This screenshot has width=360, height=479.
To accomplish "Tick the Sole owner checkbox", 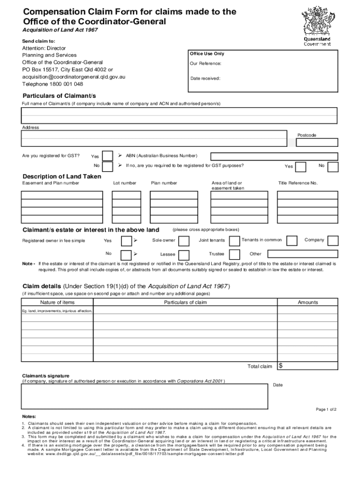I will (x=184, y=241).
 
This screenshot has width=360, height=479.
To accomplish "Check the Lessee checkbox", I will (x=184, y=255).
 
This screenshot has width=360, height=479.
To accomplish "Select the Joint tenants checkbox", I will (x=233, y=241).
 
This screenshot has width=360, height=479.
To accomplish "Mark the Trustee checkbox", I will (x=233, y=255).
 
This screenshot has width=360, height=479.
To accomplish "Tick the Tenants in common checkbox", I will (x=292, y=241).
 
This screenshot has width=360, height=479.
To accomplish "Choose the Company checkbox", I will (x=332, y=241).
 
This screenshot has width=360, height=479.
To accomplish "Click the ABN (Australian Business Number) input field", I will (x=274, y=156).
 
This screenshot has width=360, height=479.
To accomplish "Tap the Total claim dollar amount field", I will (x=308, y=366).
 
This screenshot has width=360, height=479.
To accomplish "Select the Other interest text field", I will (x=302, y=254).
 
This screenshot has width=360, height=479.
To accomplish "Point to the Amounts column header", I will (x=308, y=303).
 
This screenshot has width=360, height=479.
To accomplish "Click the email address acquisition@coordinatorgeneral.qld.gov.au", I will (x=74, y=77).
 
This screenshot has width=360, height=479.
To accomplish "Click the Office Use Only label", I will (x=207, y=54).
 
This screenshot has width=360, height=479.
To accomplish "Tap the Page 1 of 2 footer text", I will (x=326, y=409).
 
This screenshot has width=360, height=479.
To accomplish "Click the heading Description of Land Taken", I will (x=62, y=176).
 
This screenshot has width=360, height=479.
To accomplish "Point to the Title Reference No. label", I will (x=298, y=183).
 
